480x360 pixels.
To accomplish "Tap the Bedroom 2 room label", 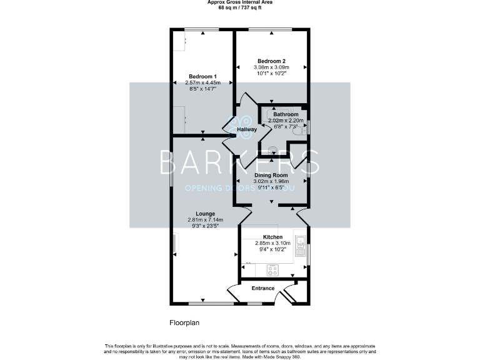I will (271, 61).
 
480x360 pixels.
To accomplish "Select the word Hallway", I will (247, 129).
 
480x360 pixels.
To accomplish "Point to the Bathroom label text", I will (286, 114).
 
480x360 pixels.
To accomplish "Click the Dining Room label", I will (271, 176).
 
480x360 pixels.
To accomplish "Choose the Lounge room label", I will (204, 214).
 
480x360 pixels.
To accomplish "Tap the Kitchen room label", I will (273, 237).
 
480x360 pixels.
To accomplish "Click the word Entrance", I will (263, 288).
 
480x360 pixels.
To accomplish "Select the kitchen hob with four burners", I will (273, 270).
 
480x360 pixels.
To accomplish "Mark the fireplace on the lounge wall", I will (176, 244).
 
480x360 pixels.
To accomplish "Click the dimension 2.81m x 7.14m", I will (204, 220).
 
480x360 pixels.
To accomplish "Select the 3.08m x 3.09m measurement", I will (271, 67).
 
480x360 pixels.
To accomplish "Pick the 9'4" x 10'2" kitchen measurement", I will (273, 249).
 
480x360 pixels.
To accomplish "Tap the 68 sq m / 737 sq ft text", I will (239, 7).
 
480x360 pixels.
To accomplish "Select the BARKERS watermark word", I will (240, 162).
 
